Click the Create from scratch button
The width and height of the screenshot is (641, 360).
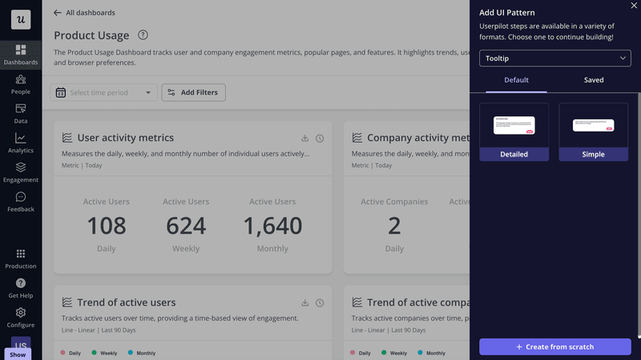pyautogui.click(x=554, y=346)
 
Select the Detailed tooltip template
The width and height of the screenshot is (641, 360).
pyautogui.click(x=514, y=131)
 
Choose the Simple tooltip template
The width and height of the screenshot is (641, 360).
pyautogui.click(x=593, y=131)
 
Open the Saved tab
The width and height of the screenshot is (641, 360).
pyautogui.click(x=594, y=80)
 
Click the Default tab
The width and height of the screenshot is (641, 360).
pyautogui.click(x=516, y=80)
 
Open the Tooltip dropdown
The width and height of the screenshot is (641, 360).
pyautogui.click(x=554, y=59)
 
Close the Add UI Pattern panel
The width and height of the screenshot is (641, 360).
pyautogui.click(x=635, y=6)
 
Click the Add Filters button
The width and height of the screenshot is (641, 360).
pyautogui.click(x=193, y=92)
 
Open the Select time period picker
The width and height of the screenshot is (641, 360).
pyautogui.click(x=103, y=92)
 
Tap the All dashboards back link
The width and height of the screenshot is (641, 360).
pyautogui.click(x=83, y=13)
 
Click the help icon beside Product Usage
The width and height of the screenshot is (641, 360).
pyautogui.click(x=143, y=35)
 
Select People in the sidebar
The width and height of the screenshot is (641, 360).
pyautogui.click(x=21, y=84)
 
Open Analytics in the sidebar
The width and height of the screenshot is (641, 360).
pyautogui.click(x=21, y=143)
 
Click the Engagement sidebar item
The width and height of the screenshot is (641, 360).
pyautogui.click(x=21, y=172)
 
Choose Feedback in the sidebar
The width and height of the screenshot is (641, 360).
pyautogui.click(x=21, y=201)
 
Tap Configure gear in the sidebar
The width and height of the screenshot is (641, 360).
pyautogui.click(x=21, y=318)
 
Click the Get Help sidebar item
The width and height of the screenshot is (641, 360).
pyautogui.click(x=21, y=288)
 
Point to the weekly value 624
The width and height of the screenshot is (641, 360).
pyautogui.click(x=186, y=226)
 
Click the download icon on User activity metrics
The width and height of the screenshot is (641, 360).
pyautogui.click(x=305, y=139)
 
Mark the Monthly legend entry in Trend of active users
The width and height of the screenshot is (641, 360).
pyautogui.click(x=141, y=353)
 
